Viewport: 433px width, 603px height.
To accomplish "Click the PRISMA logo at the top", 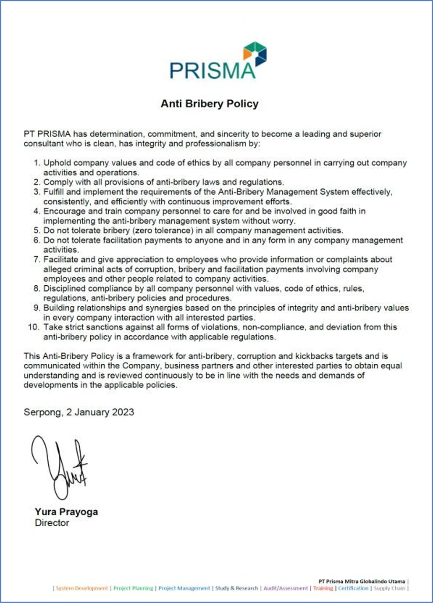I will pyautogui.click(x=218, y=61).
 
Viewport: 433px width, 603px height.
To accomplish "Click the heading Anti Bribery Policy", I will pyautogui.click(x=209, y=104).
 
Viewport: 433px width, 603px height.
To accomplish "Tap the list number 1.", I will pyautogui.click(x=37, y=163).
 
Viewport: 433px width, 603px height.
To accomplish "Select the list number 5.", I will pyautogui.click(x=37, y=231).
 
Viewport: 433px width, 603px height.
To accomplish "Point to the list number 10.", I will pyautogui.click(x=33, y=327).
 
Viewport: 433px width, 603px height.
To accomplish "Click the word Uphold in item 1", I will pyautogui.click(x=57, y=163).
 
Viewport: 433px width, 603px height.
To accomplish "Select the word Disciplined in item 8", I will pyautogui.click(x=64, y=288).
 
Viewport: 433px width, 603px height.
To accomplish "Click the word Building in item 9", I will pyautogui.click(x=59, y=308).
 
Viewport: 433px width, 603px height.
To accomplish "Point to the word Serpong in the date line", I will pyautogui.click(x=43, y=412).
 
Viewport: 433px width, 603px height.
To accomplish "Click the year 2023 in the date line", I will pyautogui.click(x=123, y=412).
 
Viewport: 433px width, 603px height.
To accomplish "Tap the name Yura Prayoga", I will pyautogui.click(x=66, y=512).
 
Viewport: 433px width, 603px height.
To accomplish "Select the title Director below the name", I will pyautogui.click(x=52, y=523).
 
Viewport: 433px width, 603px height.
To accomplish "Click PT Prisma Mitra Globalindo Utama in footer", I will pyautogui.click(x=362, y=582).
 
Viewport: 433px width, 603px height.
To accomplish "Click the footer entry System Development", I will pyautogui.click(x=82, y=589).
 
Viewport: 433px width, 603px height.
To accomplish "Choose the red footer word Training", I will pyautogui.click(x=323, y=589).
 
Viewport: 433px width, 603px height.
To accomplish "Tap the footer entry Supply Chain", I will pyautogui.click(x=389, y=589).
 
